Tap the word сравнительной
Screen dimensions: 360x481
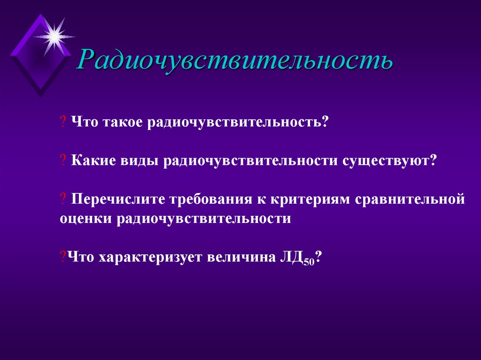[x=410, y=199]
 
